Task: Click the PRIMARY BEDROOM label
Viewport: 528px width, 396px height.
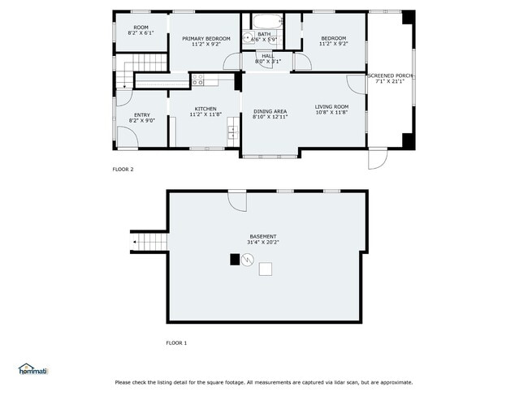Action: [x=206, y=39]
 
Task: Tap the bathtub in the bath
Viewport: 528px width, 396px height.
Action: [x=266, y=22]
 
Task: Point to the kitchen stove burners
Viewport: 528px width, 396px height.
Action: [x=197, y=80]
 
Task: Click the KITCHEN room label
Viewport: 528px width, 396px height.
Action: [x=206, y=109]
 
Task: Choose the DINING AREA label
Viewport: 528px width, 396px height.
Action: [x=270, y=111]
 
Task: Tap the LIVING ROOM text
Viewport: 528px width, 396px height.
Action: [x=331, y=107]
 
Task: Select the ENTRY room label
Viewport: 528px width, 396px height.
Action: [x=142, y=115]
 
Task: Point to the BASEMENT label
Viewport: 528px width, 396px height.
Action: [x=262, y=236]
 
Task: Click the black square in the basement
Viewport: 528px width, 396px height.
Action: [x=235, y=260]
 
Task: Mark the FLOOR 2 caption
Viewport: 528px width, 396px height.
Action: [x=123, y=170]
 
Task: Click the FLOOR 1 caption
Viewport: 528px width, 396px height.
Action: [x=176, y=343]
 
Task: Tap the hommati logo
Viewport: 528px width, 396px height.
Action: [x=33, y=369]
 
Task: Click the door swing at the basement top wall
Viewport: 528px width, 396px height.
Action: [x=236, y=200]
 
